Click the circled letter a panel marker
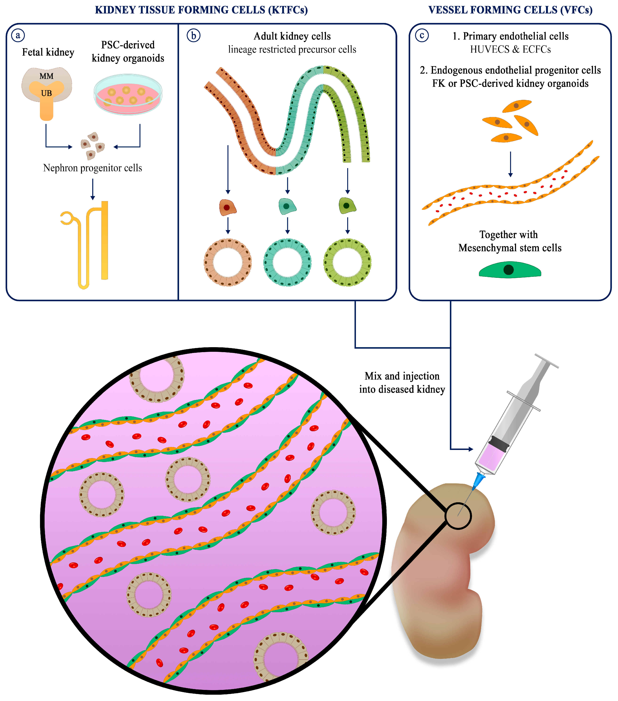click(18, 35)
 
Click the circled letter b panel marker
click(194, 35)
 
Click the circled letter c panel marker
click(422, 35)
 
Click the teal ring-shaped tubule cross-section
click(287, 262)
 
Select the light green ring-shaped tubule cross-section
click(347, 262)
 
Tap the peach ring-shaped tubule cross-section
click(227, 262)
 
